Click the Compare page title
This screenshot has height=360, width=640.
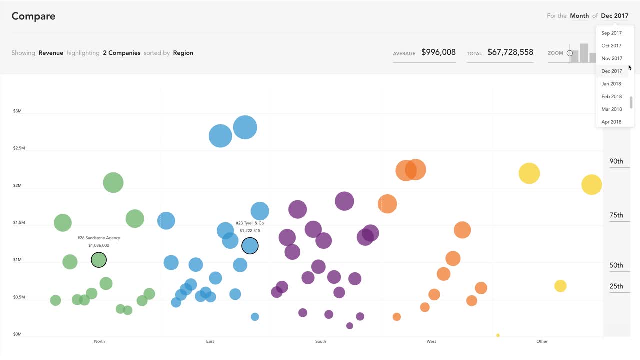[33, 16]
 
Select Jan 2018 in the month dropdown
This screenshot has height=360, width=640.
[611, 84]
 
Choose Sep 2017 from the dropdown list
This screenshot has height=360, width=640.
[611, 33]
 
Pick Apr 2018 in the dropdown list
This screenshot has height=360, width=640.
[611, 122]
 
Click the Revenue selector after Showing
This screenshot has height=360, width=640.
[51, 53]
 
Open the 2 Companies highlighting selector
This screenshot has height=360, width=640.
[122, 53]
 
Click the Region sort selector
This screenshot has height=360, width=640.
[183, 53]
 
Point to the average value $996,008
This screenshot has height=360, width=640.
[438, 52]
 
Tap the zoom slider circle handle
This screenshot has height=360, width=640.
[569, 53]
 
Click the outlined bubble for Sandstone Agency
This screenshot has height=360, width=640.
[99, 260]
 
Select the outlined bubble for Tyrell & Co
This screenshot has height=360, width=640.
[250, 246]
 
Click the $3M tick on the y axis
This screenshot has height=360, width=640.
[17, 111]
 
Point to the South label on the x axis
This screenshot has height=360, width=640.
[320, 341]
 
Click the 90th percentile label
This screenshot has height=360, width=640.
[616, 161]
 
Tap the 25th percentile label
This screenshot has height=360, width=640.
[616, 286]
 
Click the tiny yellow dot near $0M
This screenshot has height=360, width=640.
[498, 335]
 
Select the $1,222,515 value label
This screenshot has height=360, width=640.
[250, 231]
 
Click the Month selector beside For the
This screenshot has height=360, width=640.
[579, 16]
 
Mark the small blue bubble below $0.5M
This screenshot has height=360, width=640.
[255, 317]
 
